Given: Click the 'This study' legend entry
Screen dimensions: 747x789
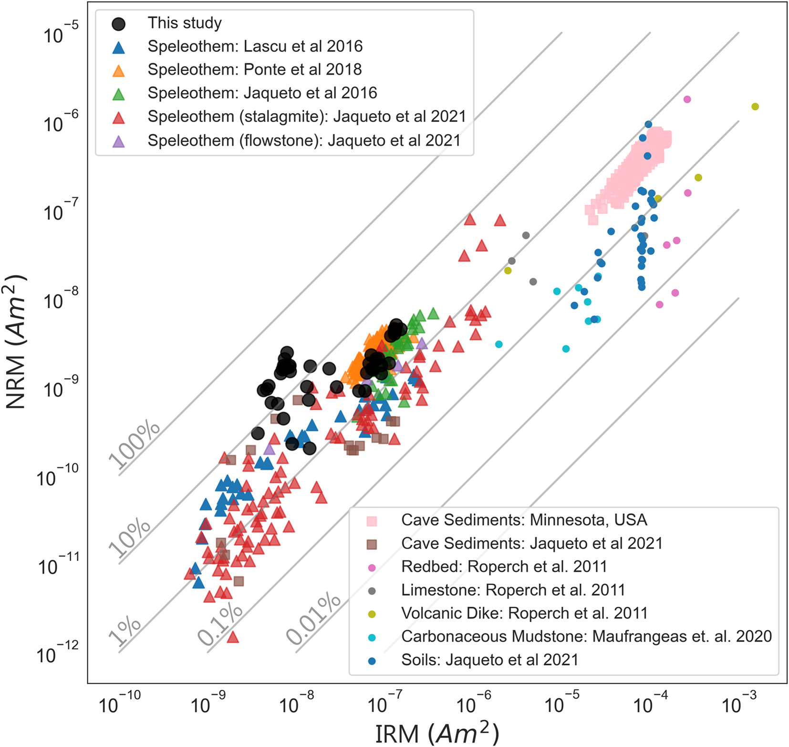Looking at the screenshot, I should point(185,23).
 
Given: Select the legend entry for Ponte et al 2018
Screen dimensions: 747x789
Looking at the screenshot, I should point(254,70).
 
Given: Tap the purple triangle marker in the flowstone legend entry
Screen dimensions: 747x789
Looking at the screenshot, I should point(118,141).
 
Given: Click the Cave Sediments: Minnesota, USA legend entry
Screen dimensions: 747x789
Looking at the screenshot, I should point(524,520).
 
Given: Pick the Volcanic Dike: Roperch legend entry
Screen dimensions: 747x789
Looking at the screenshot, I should point(524,613).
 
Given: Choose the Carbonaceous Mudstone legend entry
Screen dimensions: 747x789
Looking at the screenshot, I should point(586,637).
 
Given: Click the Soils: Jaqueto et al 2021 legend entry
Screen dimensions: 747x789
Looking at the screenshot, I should point(489,660).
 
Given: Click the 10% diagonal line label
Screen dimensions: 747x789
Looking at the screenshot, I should point(130,538).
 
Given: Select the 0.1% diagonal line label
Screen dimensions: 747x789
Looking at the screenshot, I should point(220,624).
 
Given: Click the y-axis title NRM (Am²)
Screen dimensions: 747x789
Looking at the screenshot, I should point(17,342).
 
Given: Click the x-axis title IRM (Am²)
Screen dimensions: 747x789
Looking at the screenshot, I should point(436,733).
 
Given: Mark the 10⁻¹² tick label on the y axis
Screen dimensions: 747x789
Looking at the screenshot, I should point(57,654).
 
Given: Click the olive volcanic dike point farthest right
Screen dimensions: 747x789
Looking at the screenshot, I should point(755,106).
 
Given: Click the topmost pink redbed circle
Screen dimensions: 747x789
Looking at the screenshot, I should point(687,99).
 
